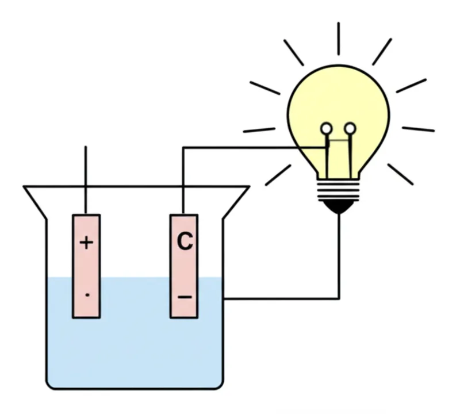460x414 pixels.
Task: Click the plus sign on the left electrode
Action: click(86, 243)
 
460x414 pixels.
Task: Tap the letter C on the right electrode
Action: click(184, 241)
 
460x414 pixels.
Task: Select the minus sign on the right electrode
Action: click(184, 297)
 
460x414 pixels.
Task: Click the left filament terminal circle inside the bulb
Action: click(326, 128)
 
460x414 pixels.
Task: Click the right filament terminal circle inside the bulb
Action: click(350, 128)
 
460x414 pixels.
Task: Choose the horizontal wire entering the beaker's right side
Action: click(282, 298)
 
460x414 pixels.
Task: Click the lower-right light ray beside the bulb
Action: click(400, 174)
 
